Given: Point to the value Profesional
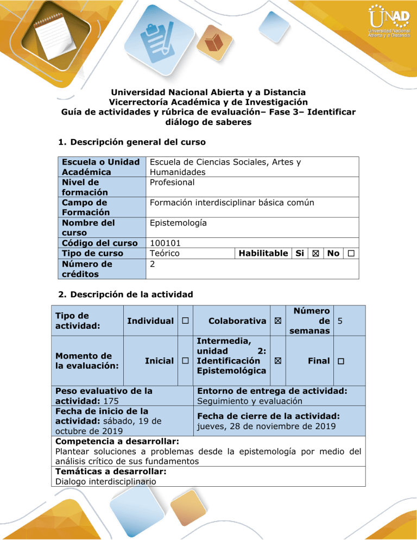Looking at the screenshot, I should click(172, 182).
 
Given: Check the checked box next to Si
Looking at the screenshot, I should click(315, 254).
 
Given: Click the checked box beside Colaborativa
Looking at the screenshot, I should click(279, 321).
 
